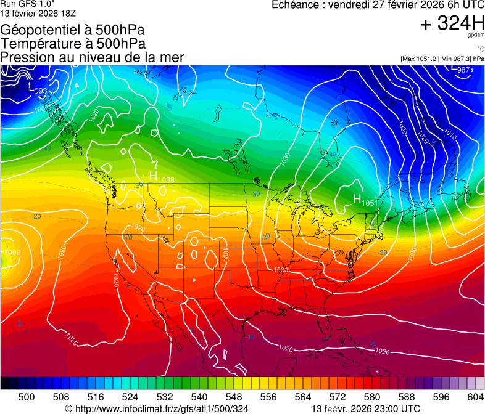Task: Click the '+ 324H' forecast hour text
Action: [x=452, y=23]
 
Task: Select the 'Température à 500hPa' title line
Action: [x=73, y=44]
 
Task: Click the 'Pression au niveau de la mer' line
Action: [x=93, y=57]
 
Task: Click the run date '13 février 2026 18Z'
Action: [x=38, y=12]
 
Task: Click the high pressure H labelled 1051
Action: [x=357, y=198]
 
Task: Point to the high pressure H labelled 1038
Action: [x=154, y=176]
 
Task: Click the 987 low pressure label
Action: [x=463, y=70]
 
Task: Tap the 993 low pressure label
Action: [x=40, y=91]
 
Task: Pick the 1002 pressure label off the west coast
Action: [x=12, y=252]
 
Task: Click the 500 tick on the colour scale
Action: [x=27, y=396]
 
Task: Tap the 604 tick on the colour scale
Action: [x=475, y=396]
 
